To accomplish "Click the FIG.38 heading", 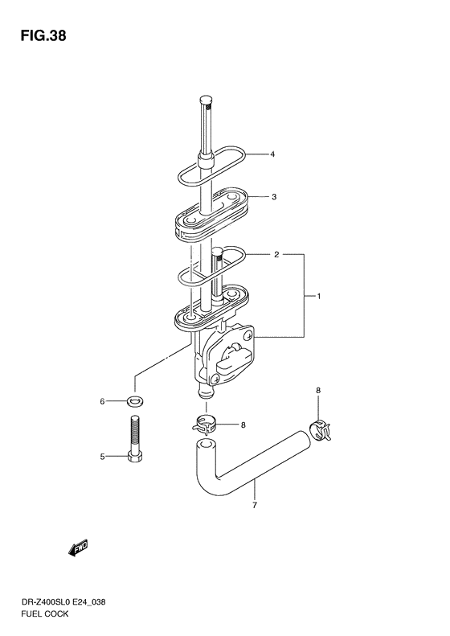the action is (x=43, y=36).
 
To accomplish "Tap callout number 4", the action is (x=272, y=154).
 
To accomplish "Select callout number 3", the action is (x=274, y=197).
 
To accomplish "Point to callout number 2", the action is (x=276, y=255).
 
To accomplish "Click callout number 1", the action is (x=319, y=297).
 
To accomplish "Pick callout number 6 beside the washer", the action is (x=103, y=401).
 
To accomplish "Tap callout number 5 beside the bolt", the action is (x=103, y=457).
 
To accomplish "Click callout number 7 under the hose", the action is (x=255, y=506).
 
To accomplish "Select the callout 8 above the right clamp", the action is (x=318, y=391).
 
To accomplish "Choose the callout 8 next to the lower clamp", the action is (x=243, y=425).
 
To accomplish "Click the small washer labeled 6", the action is (x=133, y=401).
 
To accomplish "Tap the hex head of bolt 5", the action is (x=134, y=457).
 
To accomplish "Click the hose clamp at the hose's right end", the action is (x=320, y=431).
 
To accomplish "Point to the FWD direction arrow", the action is (x=78, y=548).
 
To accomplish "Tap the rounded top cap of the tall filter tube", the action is (x=206, y=100).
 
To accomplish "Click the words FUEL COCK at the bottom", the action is (x=44, y=613).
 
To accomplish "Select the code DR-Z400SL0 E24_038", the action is (x=63, y=602).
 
